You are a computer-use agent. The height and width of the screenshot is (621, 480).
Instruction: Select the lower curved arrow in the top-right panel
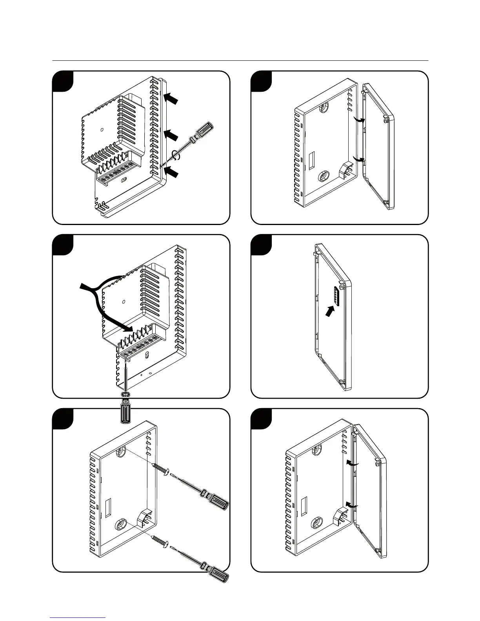359,158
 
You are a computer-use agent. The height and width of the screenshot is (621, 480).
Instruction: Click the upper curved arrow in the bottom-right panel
352,463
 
